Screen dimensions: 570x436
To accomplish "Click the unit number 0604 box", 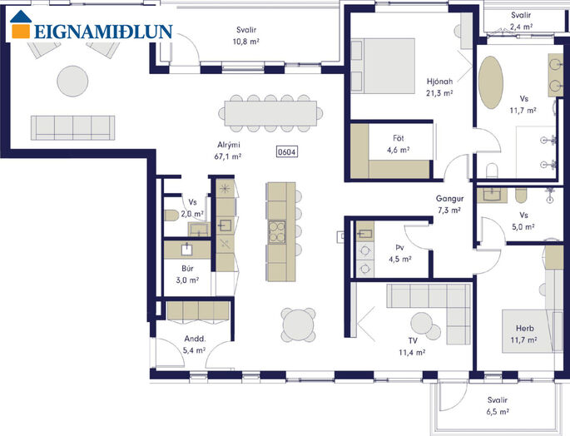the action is pos(287,151).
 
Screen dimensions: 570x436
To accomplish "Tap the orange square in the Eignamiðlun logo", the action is pos(21,31).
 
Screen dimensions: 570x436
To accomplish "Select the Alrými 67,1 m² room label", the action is pos(229,151).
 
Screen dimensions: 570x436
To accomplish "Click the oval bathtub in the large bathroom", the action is pos(491,82).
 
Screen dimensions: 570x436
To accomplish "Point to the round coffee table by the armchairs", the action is pos(72,81).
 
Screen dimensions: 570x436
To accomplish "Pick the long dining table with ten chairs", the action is pos(270,113).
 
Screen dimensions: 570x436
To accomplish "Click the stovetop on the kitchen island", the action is pos(277,232).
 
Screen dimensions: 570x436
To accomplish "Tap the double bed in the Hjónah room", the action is pos(383,66).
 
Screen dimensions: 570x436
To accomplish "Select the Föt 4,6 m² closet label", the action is pos(399,144).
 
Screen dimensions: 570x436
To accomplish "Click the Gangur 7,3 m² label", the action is pos(449,205).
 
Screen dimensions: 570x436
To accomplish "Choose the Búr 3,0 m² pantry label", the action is pos(187,275).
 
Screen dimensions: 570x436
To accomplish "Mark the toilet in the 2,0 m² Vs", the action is pos(171,216).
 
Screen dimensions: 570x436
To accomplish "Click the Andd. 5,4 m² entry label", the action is pos(195,344).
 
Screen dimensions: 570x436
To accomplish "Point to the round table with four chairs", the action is pos(299,325).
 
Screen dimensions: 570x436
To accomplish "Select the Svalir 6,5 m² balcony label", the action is pos(498,406).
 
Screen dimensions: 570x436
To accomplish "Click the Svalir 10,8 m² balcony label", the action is pos(246,36).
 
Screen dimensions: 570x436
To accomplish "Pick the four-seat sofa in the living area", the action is pos(72,127).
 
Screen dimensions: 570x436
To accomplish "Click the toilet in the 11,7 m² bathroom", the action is pos(492,171).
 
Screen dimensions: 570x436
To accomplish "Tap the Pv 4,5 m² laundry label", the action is pos(400,254).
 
